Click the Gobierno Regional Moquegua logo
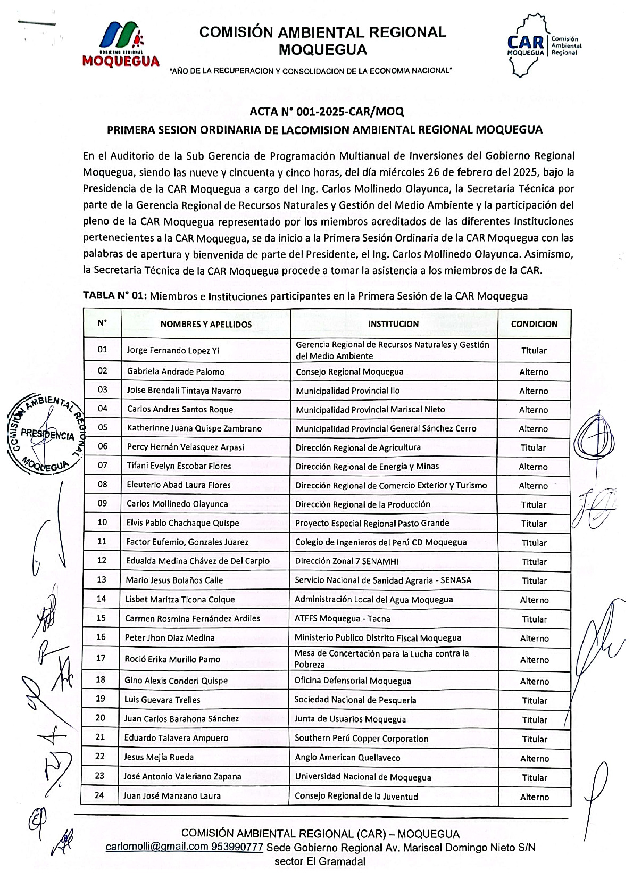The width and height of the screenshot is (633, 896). point(121,44)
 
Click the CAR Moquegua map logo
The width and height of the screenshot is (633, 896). point(542,45)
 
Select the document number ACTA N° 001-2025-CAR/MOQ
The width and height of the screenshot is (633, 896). point(327,112)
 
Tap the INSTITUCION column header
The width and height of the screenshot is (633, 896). point(393,324)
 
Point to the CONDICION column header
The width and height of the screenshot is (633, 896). point(534,324)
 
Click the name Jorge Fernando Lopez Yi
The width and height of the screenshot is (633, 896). point(173,350)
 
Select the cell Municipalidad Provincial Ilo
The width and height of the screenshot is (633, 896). point(348,391)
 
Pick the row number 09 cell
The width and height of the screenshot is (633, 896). point(102,503)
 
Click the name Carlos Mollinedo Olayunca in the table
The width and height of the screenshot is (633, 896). point(177,504)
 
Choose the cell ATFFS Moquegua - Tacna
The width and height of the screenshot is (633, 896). point(342,619)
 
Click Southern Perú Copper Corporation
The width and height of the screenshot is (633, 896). point(361,739)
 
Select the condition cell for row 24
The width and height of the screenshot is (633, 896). point(534,797)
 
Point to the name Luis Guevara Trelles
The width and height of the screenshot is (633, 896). point(162,700)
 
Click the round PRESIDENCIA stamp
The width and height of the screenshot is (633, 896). point(46,434)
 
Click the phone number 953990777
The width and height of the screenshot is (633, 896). point(237,847)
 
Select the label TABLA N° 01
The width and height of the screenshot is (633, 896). point(114,296)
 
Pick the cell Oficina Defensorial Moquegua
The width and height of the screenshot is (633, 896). point(353,681)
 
